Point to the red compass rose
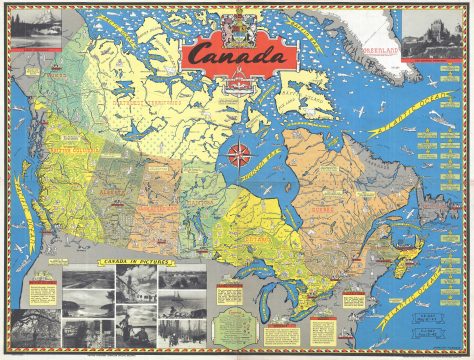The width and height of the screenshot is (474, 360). click(240, 156)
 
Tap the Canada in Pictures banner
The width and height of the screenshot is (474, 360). click(124, 260)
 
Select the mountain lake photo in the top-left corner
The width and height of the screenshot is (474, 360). click(34, 26)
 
